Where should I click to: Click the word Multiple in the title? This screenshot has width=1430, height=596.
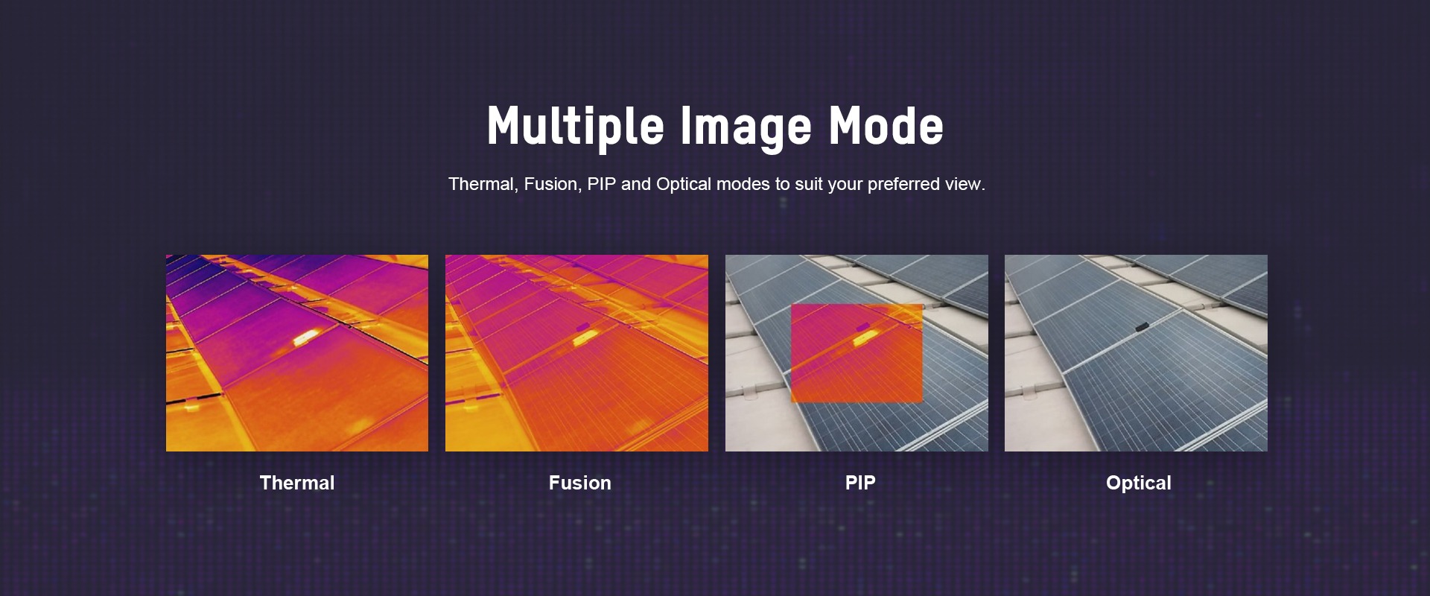point(575,126)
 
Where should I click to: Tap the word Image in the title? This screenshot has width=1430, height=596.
point(746,126)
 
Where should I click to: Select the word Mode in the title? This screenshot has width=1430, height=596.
point(886,125)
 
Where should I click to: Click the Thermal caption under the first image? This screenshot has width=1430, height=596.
point(297,483)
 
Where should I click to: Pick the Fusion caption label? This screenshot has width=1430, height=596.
point(580,483)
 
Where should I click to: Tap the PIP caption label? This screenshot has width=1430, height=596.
point(860,483)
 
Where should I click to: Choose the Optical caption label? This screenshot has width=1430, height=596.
point(1139,484)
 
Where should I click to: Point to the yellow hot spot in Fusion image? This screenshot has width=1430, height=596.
point(585,338)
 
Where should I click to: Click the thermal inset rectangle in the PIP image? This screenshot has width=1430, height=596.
point(857,353)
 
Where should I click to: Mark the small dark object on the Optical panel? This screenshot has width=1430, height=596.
point(1142,326)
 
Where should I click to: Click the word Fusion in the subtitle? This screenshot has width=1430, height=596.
point(552,184)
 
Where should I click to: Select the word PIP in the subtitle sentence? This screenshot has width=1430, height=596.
point(602,184)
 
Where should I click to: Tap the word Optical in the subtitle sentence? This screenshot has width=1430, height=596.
point(684,185)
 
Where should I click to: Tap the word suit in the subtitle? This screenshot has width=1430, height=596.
point(807,184)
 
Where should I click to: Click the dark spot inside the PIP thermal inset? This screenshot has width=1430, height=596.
point(862,327)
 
